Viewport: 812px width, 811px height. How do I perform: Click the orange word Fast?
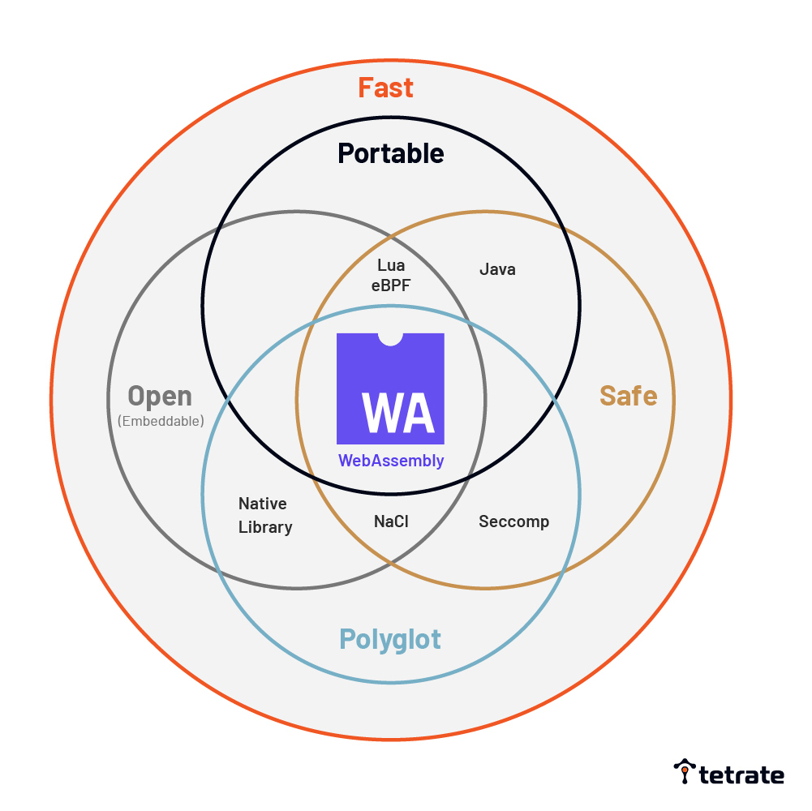(386, 88)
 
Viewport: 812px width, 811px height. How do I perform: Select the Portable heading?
(391, 153)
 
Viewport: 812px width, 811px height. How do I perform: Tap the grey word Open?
(160, 397)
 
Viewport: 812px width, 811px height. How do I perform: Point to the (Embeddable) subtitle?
(161, 421)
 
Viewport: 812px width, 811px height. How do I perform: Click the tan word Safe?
(628, 396)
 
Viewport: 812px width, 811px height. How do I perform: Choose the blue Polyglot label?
(390, 639)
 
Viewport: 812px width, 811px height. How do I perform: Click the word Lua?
(391, 265)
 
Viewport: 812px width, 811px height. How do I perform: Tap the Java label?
(497, 269)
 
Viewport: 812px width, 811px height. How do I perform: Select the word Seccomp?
(513, 521)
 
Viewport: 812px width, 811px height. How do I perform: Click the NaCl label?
(391, 521)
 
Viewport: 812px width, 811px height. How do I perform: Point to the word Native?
(262, 504)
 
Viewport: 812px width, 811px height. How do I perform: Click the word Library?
(265, 527)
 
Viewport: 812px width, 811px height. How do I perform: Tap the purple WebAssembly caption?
(391, 461)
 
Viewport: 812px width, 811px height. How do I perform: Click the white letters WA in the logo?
(397, 413)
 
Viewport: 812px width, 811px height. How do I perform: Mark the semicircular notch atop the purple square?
(391, 338)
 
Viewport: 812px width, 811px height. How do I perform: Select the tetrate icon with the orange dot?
(685, 772)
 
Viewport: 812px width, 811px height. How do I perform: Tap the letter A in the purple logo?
(418, 413)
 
